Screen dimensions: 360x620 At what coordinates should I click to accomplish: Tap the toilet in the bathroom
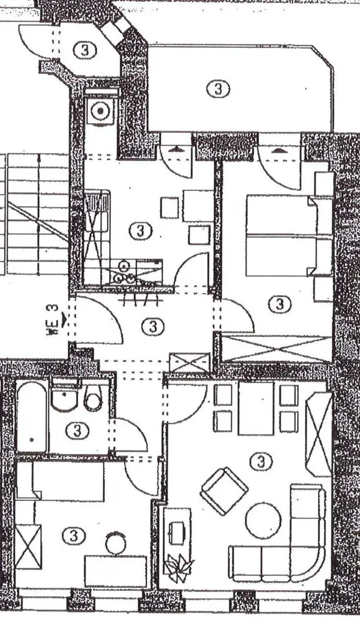[x=94, y=398]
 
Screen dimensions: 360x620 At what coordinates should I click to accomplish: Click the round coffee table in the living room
[x=263, y=520]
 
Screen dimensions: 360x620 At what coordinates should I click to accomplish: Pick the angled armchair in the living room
[x=224, y=490]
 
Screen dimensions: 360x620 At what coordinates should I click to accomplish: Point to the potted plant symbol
[x=178, y=567]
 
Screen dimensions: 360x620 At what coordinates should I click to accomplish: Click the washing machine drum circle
[x=101, y=111]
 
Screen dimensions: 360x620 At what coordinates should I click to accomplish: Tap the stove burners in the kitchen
[x=125, y=272]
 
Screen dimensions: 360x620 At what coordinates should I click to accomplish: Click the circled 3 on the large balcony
[x=218, y=89]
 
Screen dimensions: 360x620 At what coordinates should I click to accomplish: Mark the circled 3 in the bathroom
[x=77, y=431]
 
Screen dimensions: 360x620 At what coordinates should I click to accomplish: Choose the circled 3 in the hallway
[x=152, y=327]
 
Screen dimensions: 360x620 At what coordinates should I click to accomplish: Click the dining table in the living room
[x=256, y=408]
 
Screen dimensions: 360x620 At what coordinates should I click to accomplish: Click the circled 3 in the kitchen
[x=141, y=231]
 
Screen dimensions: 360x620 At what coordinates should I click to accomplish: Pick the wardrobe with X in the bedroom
[x=276, y=348]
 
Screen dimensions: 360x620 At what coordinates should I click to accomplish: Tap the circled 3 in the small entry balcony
[x=84, y=50]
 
